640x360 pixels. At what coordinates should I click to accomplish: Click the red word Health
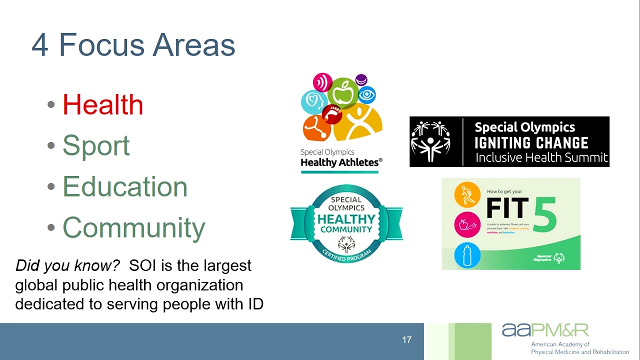click(x=102, y=104)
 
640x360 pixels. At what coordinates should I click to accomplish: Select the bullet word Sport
click(x=96, y=145)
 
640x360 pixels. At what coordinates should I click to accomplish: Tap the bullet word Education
click(x=124, y=186)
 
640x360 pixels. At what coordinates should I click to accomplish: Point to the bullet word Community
click(x=133, y=227)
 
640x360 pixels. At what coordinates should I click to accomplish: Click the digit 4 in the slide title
click(x=40, y=45)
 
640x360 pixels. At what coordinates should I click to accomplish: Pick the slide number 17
click(x=406, y=340)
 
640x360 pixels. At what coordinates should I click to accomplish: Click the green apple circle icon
click(x=343, y=92)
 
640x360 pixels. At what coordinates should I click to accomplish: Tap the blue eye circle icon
click(x=366, y=94)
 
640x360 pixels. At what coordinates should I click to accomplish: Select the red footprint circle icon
click(x=332, y=114)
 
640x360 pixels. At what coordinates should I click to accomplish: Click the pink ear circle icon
click(x=322, y=82)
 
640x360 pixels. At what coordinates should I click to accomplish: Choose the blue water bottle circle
click(x=467, y=255)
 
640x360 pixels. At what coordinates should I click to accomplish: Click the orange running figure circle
click(x=467, y=194)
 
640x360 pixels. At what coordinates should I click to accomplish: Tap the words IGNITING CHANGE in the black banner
click(x=531, y=143)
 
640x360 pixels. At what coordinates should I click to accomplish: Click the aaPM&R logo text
click(x=545, y=330)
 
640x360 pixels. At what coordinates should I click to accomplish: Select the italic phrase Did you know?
click(x=67, y=265)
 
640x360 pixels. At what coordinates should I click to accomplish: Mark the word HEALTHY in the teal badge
click(x=346, y=219)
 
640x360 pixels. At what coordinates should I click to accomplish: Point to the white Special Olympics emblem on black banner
click(x=430, y=141)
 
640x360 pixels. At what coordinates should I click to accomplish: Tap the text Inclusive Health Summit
click(x=541, y=158)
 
